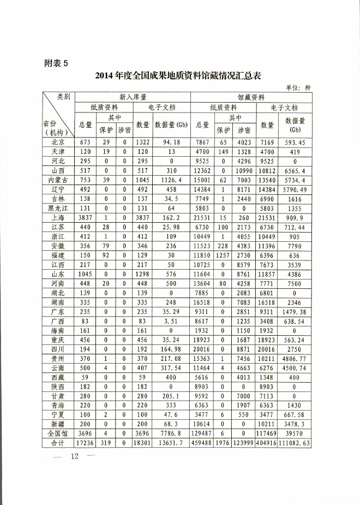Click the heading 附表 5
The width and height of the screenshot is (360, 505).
(56, 63)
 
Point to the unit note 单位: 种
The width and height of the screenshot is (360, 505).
(298, 87)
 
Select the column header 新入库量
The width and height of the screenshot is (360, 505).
(132, 97)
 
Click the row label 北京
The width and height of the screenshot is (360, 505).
(57, 142)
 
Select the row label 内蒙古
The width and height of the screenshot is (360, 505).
(57, 179)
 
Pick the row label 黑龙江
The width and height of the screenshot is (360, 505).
(57, 207)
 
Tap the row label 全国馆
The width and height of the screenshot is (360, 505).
(57, 433)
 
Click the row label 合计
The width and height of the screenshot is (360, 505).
(57, 443)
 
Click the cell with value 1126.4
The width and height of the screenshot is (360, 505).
(171, 179)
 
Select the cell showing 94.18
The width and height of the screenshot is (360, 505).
(171, 142)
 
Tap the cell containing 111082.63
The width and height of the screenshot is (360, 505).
(296, 443)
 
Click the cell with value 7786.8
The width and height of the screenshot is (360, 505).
(171, 433)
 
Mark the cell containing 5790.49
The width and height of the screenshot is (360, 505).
(296, 189)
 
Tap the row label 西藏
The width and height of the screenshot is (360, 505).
(57, 377)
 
